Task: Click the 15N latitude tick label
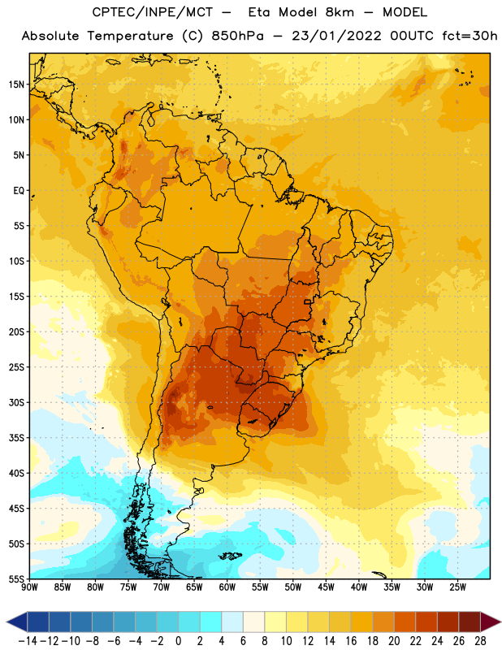(x=16, y=84)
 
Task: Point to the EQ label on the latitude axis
(x=19, y=191)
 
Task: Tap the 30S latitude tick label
(x=16, y=402)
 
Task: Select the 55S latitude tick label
(x=16, y=579)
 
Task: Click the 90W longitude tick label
(x=29, y=587)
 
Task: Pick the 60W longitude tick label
(x=227, y=587)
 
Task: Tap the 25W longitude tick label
(x=457, y=587)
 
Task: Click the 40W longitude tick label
(x=359, y=587)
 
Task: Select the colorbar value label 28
(x=480, y=641)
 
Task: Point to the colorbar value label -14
(x=28, y=641)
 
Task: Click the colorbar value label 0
(x=178, y=641)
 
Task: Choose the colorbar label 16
(x=351, y=641)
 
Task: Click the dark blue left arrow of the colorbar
(x=17, y=622)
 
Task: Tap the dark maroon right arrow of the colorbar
(x=491, y=622)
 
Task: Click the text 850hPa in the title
(x=237, y=36)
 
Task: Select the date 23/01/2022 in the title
(x=336, y=36)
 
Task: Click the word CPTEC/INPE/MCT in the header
(x=152, y=12)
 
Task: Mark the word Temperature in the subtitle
(x=130, y=37)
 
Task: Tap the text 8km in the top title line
(x=340, y=12)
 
